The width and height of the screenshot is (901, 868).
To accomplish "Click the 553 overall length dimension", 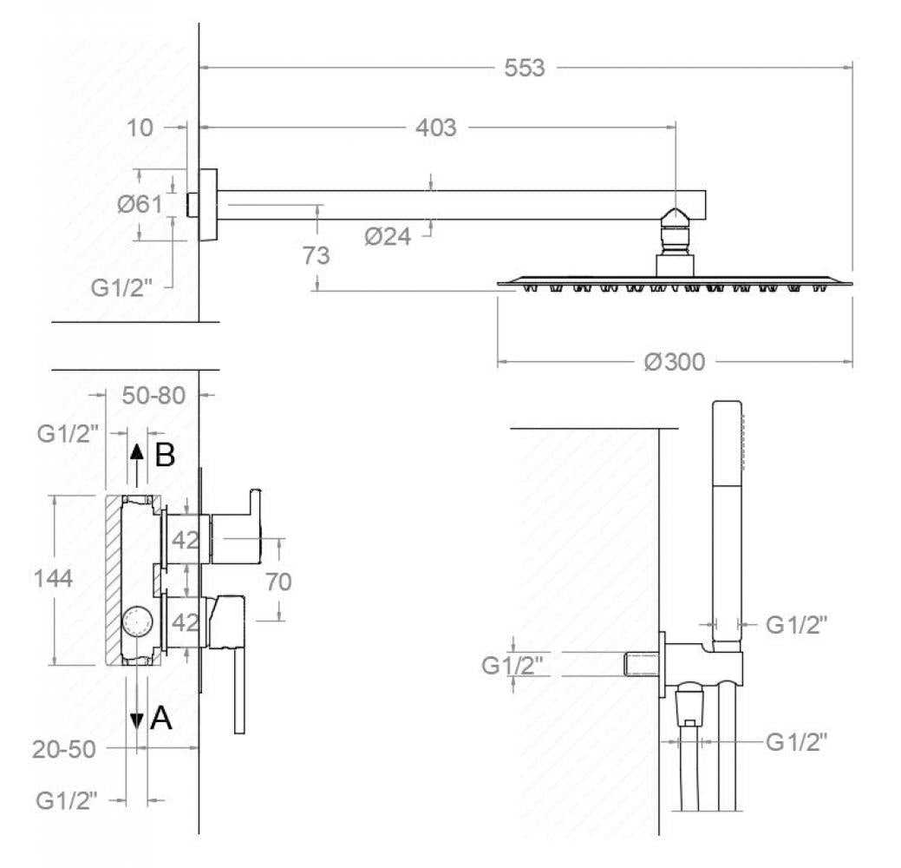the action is coord(524,68).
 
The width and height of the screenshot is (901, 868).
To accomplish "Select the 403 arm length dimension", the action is coord(436,127).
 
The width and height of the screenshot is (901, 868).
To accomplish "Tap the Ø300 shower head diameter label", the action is coord(675,362).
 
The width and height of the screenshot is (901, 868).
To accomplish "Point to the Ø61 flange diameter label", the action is coord(140,204).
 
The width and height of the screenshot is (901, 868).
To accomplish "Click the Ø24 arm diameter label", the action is coord(388,236).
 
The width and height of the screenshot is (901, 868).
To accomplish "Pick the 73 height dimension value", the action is coord(316,255).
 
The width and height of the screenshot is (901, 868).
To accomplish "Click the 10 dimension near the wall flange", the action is coord(140,128).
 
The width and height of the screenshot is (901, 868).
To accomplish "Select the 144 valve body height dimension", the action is coord(53,578).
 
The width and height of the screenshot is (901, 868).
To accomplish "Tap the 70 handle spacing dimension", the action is coord(278,582).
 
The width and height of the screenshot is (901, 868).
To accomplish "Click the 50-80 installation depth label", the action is coord(154,395).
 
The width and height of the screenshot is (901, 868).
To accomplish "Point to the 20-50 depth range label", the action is coord(64,749).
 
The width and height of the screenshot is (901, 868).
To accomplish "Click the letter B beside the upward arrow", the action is coord(165,455).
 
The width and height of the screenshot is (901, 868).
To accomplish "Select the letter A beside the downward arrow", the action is coord(161,718).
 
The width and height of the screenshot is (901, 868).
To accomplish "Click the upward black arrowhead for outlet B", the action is coord(137,451).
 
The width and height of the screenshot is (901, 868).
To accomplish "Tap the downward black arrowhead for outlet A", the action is coord(137,721).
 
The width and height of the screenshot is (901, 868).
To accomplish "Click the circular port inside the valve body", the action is coord(138,621).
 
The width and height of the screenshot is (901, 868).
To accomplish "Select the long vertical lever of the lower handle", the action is coord(239,691).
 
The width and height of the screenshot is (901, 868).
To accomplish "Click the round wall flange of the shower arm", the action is coord(208,205).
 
